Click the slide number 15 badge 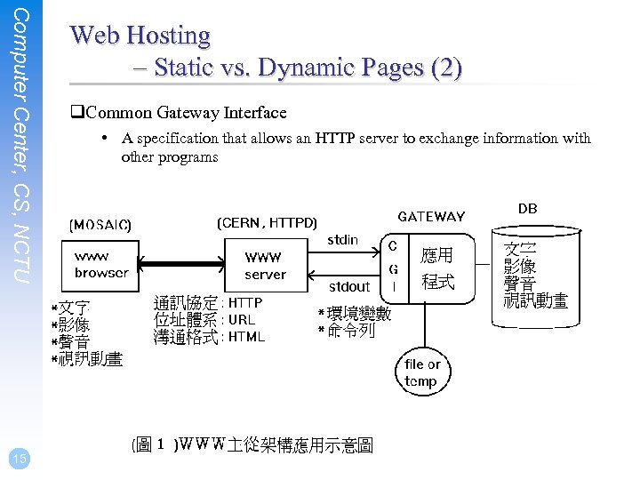click(20, 458)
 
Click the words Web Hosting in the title click(140, 36)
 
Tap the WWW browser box click(101, 265)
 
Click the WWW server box click(265, 265)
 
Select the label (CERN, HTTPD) click(267, 222)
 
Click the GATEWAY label click(431, 217)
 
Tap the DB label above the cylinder click(528, 209)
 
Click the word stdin click(343, 240)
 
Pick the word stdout click(348, 286)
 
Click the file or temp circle click(421, 372)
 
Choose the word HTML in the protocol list click(246, 337)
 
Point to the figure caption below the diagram click(252, 444)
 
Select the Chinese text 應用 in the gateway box click(437, 256)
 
